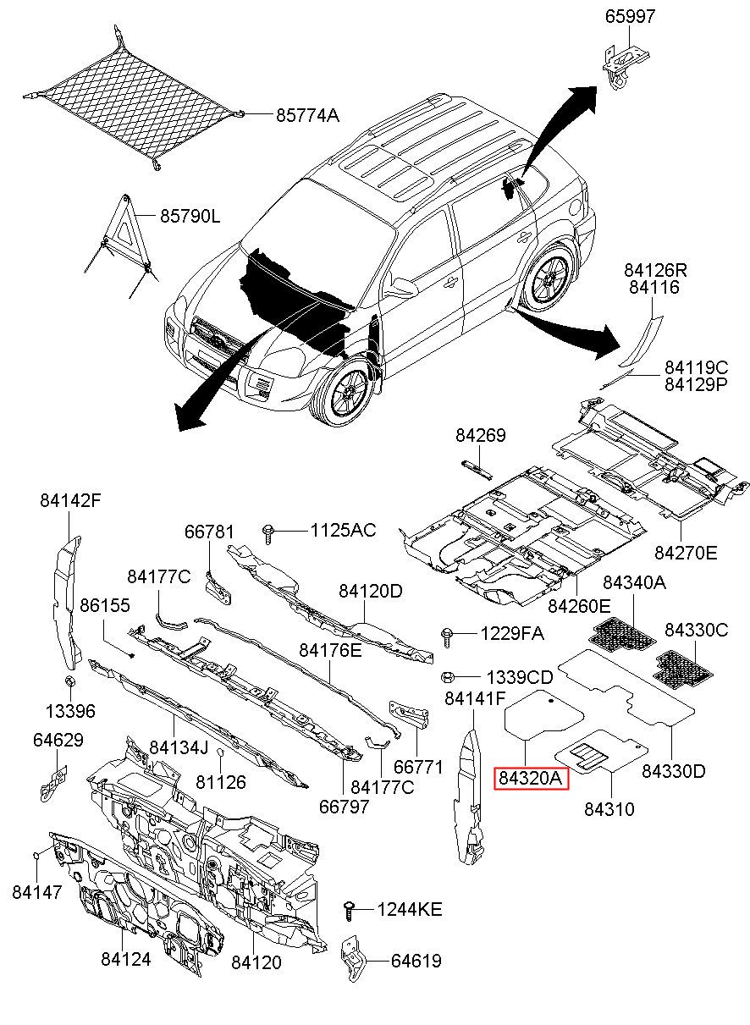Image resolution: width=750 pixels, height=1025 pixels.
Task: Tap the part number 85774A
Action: pyautogui.click(x=306, y=116)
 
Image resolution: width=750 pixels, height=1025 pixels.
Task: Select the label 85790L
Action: pyautogui.click(x=190, y=217)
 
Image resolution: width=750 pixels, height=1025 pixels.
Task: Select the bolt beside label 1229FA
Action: pyautogui.click(x=448, y=634)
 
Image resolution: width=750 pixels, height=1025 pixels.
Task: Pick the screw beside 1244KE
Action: pyautogui.click(x=348, y=910)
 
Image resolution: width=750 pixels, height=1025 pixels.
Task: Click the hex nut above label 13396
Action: pyautogui.click(x=71, y=681)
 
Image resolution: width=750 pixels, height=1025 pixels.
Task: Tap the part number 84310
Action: pyautogui.click(x=609, y=810)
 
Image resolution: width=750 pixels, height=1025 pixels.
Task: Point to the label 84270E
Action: pyautogui.click(x=685, y=553)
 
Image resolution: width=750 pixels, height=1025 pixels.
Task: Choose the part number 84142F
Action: pyautogui.click(x=70, y=500)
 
